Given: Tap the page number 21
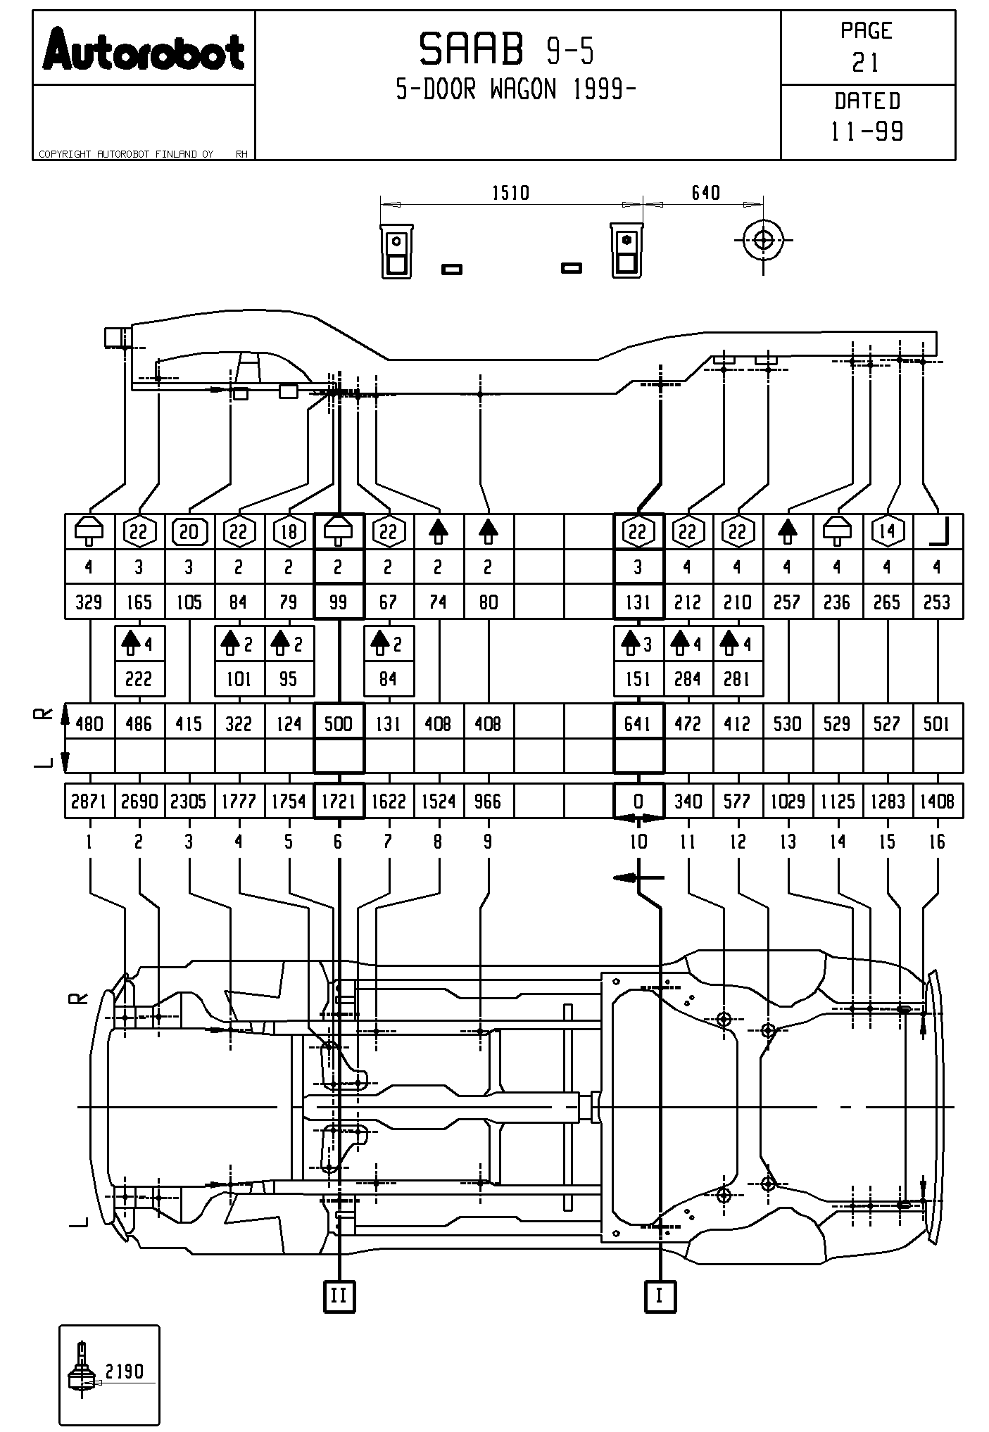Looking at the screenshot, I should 866,63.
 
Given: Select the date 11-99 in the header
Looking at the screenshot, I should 867,132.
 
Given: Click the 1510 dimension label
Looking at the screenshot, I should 510,193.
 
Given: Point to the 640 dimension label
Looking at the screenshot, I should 705,193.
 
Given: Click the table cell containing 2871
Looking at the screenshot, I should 89,801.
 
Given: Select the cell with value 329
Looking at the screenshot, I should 89,602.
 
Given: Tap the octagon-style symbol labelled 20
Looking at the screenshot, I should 189,532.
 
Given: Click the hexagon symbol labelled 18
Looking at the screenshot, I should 289,532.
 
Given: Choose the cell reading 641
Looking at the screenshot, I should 638,723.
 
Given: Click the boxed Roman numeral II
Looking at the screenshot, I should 339,1295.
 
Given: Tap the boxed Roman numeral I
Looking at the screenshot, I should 660,1295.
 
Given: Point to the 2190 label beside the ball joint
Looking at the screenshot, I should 124,1371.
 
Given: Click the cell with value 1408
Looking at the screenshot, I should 937,801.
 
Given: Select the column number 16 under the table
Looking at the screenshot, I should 937,842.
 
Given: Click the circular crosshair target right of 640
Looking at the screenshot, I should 763,240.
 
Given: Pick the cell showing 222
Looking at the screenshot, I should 139,679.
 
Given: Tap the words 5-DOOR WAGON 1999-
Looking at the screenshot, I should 516,90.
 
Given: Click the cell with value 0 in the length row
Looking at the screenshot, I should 638,801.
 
